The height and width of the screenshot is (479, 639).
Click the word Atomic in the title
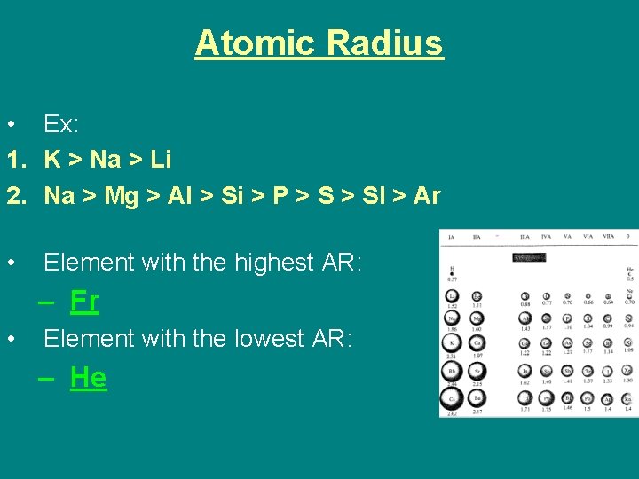click(x=256, y=43)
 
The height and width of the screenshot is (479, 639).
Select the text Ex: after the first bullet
click(x=61, y=124)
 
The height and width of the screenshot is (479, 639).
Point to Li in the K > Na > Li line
click(x=161, y=161)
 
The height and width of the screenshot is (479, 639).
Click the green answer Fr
click(x=84, y=302)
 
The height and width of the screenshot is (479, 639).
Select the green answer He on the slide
click(x=88, y=378)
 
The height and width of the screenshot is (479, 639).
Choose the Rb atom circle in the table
click(x=453, y=371)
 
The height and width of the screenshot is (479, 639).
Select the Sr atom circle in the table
click(x=477, y=372)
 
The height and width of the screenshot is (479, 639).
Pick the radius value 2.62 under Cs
click(x=452, y=412)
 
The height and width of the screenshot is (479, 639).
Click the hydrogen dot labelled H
click(x=452, y=272)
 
